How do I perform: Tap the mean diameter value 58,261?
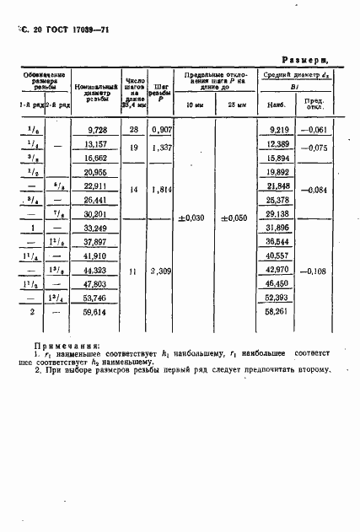(x=277, y=311)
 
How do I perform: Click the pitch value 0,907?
(x=162, y=129)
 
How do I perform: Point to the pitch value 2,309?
(x=162, y=272)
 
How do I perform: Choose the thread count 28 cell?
(x=134, y=129)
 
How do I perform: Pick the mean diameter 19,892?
(x=277, y=173)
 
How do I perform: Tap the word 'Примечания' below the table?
(x=67, y=345)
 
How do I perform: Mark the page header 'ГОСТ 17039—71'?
(x=75, y=29)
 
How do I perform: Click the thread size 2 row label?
(x=33, y=311)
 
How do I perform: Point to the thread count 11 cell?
(x=134, y=272)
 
